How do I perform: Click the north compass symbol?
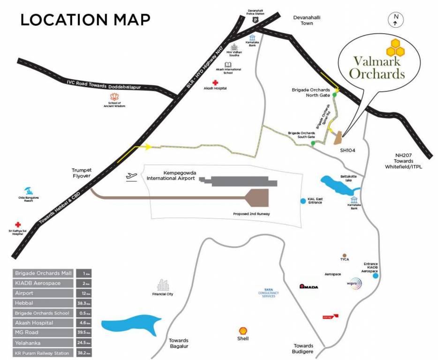(x=396, y=20)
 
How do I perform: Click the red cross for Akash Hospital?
(x=215, y=82)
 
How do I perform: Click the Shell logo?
(x=243, y=330)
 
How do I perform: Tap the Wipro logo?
(x=355, y=284)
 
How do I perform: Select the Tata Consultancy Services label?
(x=269, y=293)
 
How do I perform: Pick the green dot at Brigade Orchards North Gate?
(x=334, y=95)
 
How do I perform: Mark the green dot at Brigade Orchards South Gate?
(x=313, y=143)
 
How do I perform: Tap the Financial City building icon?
(x=163, y=285)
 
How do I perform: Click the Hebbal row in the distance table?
(x=43, y=303)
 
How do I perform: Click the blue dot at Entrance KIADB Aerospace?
(x=376, y=276)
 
